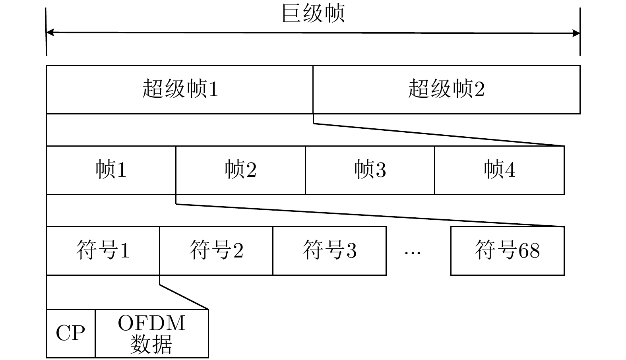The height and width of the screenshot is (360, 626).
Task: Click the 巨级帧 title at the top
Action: pos(313,14)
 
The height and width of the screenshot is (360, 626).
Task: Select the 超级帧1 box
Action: pos(180,89)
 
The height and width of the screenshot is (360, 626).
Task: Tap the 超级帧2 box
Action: pos(446,89)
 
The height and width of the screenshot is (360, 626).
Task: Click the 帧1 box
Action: pos(111,170)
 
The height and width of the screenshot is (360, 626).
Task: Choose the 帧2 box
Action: pos(240,170)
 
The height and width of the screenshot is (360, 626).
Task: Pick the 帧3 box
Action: pos(370,170)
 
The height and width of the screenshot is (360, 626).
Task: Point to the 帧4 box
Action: pos(499,170)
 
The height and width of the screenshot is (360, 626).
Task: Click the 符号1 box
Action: pos(103,251)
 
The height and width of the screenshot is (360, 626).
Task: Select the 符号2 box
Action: pos(216,251)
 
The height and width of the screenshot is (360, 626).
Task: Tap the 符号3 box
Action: pos(329,251)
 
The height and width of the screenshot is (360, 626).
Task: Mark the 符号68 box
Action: pos(507,251)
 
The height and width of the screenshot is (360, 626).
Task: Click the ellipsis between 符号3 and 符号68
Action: pos(412,252)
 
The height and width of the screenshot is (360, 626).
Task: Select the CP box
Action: pos(71,333)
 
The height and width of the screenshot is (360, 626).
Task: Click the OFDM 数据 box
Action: pos(152,333)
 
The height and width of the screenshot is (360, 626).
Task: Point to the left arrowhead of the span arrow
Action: pos(49,33)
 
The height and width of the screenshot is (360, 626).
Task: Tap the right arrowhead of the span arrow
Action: pos(577,33)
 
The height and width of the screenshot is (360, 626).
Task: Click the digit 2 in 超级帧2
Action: pos(479,89)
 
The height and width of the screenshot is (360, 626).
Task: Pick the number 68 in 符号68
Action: pos(529,251)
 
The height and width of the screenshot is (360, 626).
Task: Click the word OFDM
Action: pos(152,323)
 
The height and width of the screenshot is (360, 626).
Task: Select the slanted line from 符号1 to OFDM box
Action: pos(184,297)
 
